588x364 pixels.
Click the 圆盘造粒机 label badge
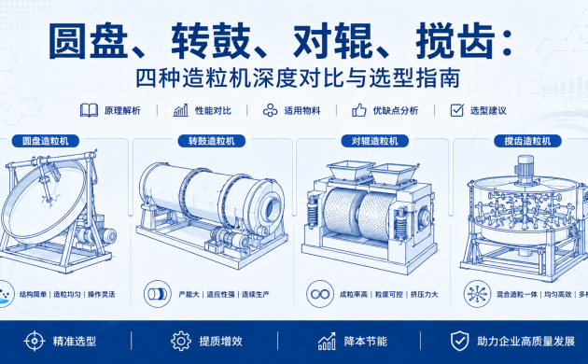point(46,141)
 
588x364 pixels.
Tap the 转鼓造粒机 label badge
point(212,141)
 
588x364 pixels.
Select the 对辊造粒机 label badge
point(374,141)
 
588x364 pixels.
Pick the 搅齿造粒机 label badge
point(527,141)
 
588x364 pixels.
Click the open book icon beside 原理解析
point(89,110)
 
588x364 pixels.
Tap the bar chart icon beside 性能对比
point(181,110)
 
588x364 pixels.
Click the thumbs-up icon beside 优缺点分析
point(359,110)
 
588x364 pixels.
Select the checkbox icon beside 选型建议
point(456,110)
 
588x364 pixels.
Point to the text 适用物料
point(302,110)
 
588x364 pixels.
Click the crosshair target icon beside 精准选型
point(35,341)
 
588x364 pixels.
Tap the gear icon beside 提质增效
point(181,341)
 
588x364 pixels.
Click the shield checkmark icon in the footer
point(459,341)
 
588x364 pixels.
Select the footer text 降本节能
point(366,342)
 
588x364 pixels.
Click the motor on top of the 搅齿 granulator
point(525,169)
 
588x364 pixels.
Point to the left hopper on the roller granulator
point(350,171)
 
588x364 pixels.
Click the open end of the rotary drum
point(273,206)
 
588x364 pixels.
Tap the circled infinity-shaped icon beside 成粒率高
point(320,294)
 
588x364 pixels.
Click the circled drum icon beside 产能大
point(158,294)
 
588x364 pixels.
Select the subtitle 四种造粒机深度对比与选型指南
point(298,78)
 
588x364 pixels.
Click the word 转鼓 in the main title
point(211,41)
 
